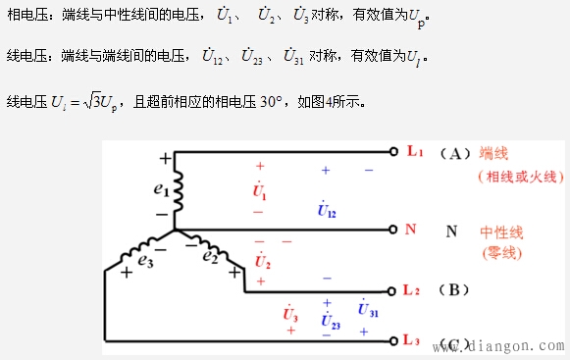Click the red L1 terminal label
[x=415, y=152]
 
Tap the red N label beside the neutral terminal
[x=410, y=231]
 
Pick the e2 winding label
[x=209, y=257]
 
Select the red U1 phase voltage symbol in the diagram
[x=260, y=188]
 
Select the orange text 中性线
[x=502, y=232]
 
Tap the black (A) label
[x=455, y=153]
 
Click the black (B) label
[x=455, y=290]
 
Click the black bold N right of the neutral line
[x=451, y=231]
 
